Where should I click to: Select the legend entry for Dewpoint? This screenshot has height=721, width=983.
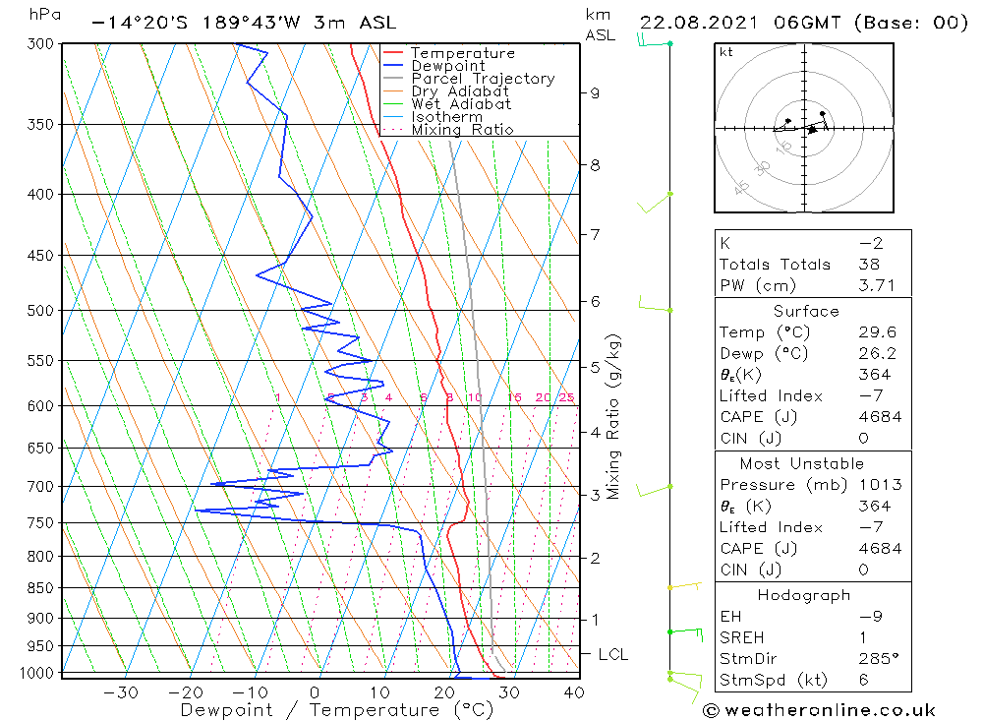tap(447, 66)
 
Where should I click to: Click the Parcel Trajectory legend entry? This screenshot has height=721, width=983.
tap(483, 79)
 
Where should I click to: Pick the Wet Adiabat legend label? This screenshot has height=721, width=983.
tap(461, 104)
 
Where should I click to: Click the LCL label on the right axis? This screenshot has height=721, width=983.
tap(612, 654)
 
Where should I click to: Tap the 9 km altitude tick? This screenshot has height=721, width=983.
tap(595, 93)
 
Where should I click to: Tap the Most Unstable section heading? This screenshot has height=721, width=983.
tap(802, 463)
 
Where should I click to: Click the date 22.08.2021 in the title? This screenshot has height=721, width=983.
tap(700, 22)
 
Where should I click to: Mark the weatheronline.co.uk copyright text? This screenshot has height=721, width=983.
tap(819, 710)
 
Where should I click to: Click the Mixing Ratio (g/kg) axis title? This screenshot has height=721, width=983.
tap(615, 417)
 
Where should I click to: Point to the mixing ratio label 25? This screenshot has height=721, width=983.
tap(566, 397)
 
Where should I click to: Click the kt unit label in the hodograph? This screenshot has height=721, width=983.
tap(726, 52)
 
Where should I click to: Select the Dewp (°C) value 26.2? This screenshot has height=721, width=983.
tap(874, 353)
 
